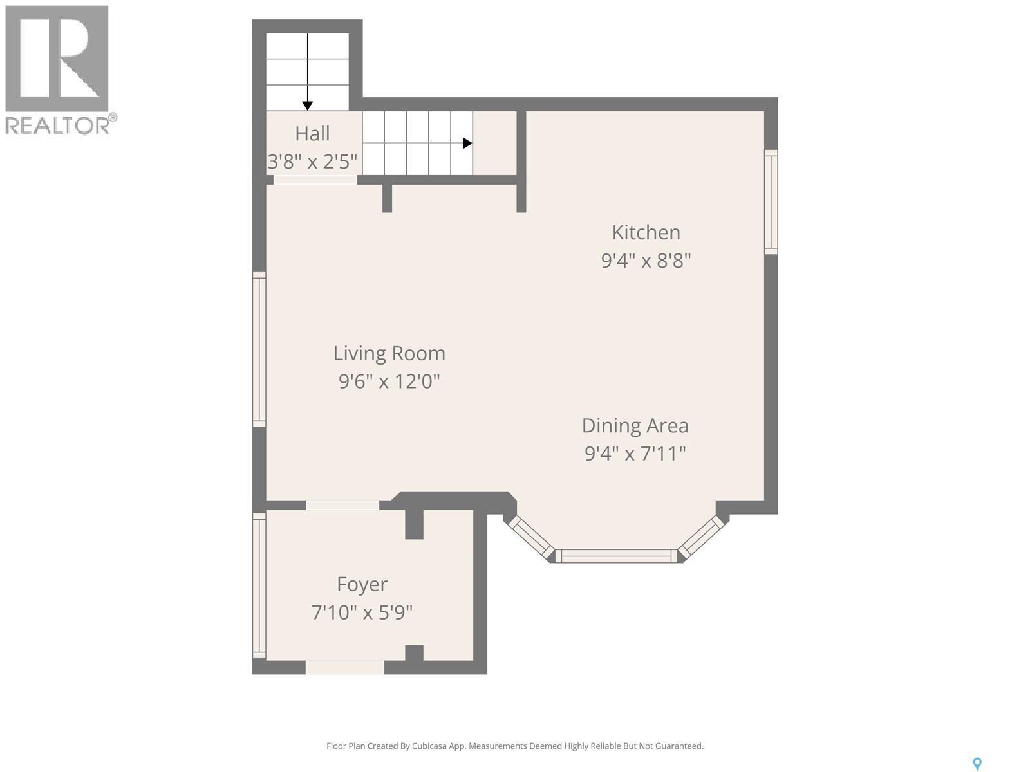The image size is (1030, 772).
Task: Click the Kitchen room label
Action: [x=646, y=232]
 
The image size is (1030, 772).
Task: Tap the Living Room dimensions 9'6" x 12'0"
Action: [x=389, y=381]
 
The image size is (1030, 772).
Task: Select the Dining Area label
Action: [x=635, y=425]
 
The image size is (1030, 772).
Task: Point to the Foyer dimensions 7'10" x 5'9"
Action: [x=362, y=612]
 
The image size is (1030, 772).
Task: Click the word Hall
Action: [x=312, y=134]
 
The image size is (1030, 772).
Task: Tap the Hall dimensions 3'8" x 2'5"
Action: [x=312, y=161]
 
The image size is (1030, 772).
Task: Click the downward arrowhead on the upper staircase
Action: [x=308, y=106]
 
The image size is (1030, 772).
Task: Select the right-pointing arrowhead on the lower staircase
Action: [x=468, y=143]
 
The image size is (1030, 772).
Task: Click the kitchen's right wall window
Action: [x=771, y=201]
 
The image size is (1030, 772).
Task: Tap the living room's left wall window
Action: [x=259, y=349]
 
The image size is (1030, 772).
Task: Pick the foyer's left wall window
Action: [x=259, y=585]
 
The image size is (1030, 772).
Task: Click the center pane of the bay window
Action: [x=616, y=556]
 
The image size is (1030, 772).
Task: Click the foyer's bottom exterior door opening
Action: [x=345, y=667]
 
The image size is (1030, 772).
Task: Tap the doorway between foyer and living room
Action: [x=342, y=505]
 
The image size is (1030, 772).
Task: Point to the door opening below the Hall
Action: [x=315, y=180]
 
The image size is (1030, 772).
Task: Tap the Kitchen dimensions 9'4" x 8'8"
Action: [x=646, y=261]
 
